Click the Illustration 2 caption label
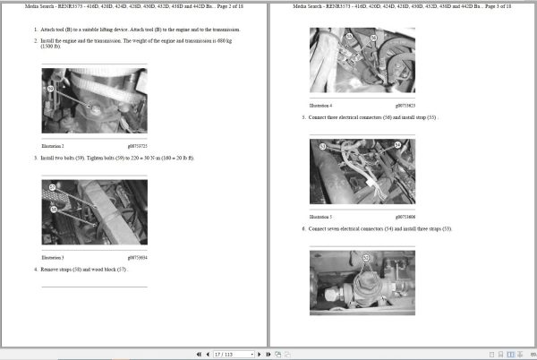point(53,145)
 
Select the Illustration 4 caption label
point(320,105)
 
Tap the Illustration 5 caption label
point(320,216)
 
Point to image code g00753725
point(133,145)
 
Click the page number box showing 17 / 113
point(225,353)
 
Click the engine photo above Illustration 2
point(94,103)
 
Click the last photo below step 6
point(362,282)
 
